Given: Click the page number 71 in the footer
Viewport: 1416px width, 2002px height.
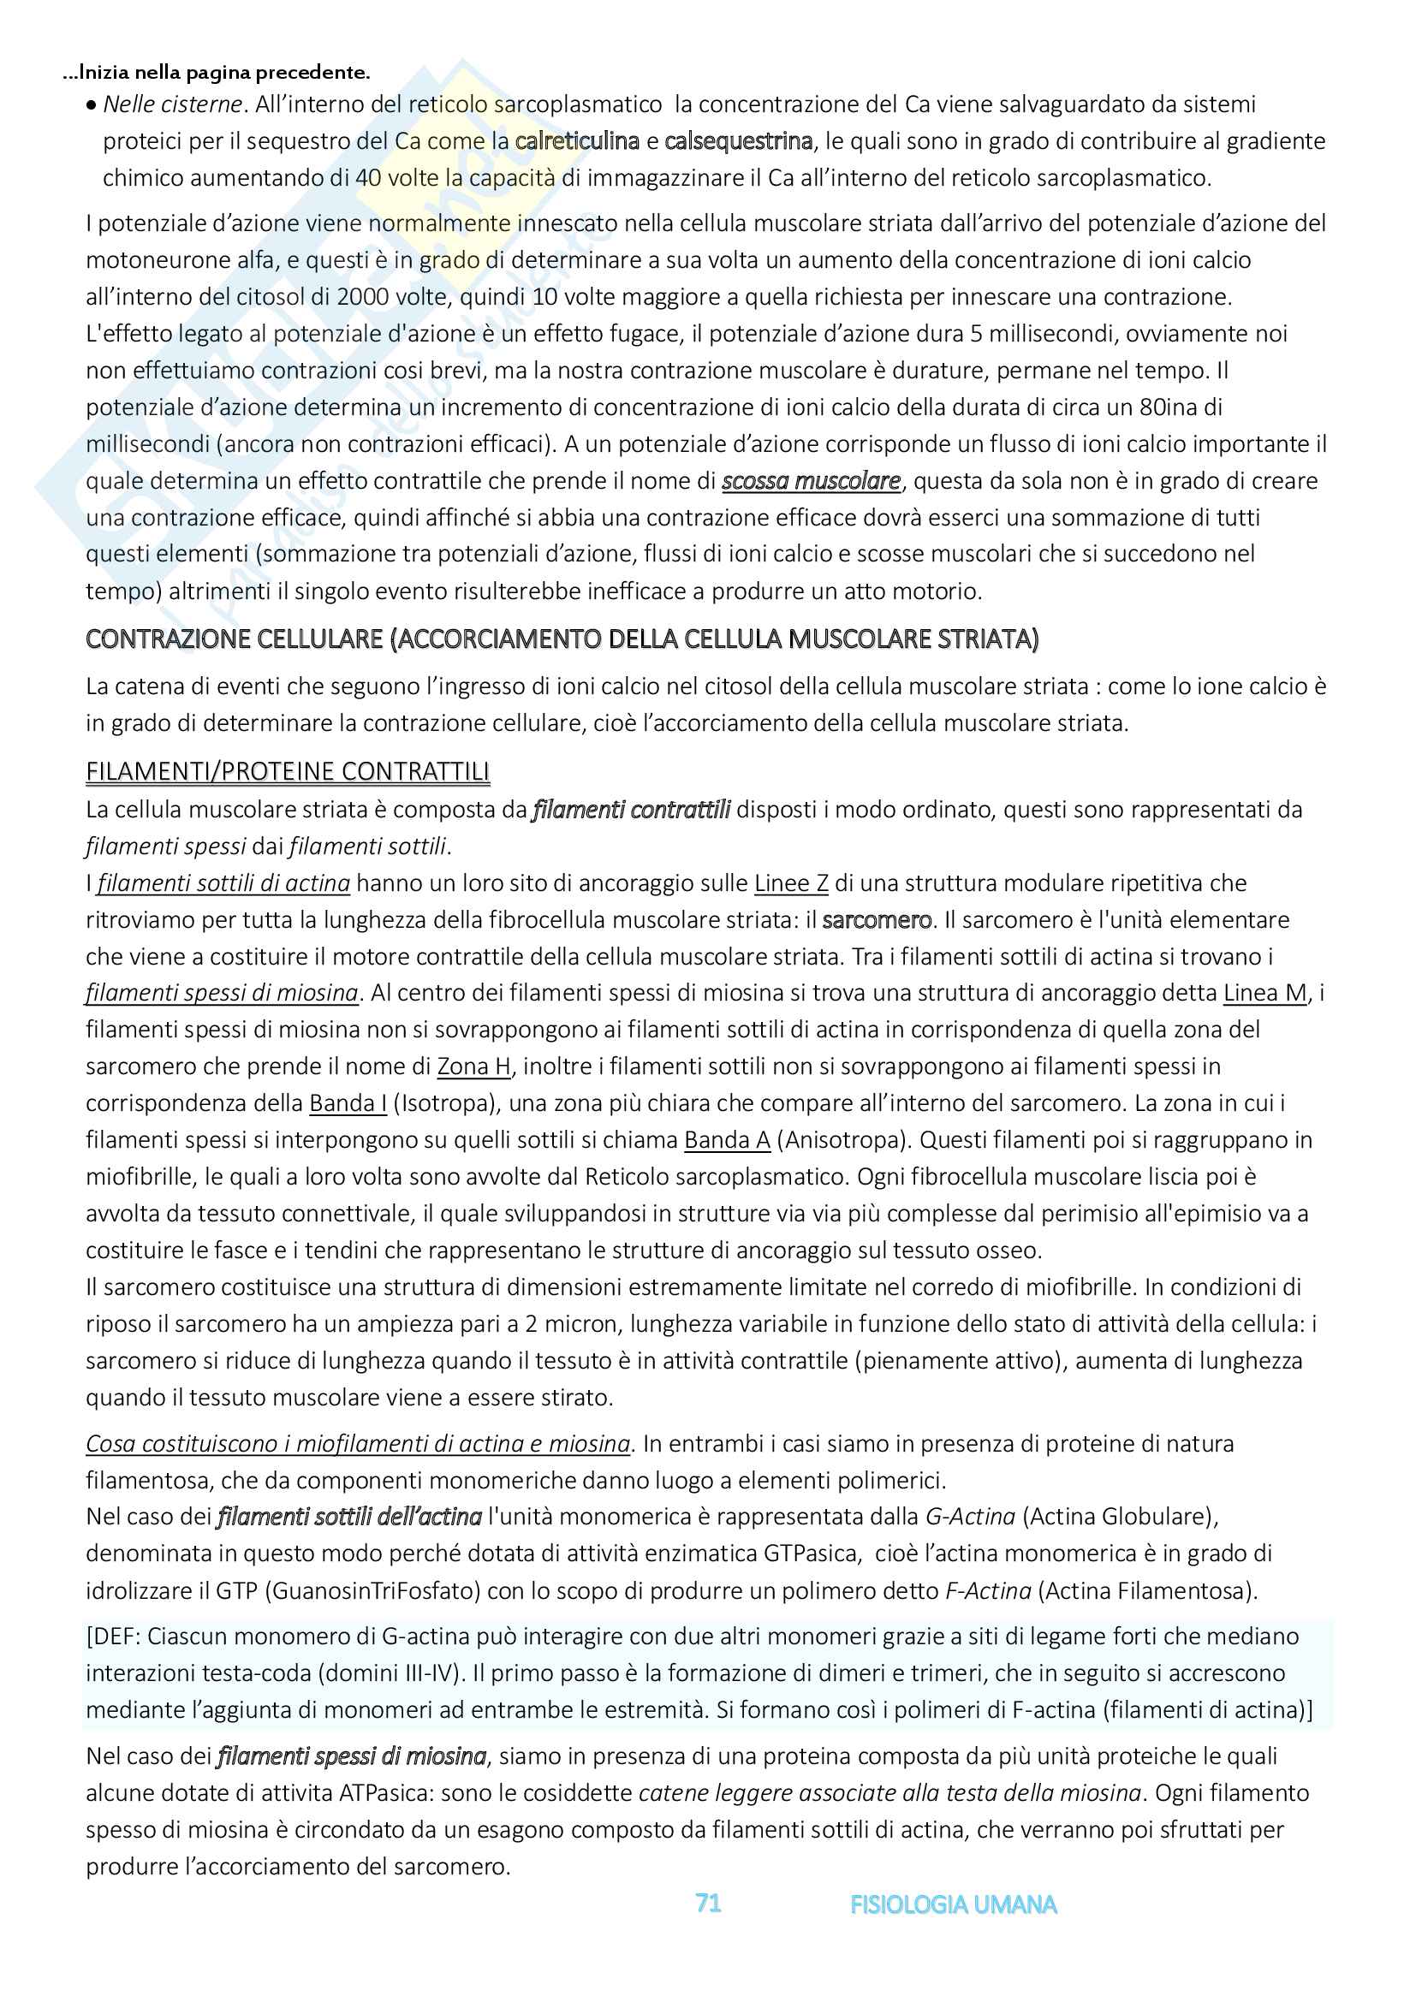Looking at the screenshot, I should [x=708, y=1904].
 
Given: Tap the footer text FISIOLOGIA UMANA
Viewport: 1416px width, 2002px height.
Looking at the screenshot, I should [x=953, y=1904].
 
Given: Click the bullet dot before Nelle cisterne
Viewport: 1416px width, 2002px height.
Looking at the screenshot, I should [x=92, y=105].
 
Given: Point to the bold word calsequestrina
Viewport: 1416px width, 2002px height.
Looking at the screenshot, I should [x=738, y=141].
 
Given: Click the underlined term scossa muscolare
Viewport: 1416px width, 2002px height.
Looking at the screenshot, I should [x=811, y=481].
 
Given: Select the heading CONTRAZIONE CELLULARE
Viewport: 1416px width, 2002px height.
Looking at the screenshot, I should [x=562, y=639].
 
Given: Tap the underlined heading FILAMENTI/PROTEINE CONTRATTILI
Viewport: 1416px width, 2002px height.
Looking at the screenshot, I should [x=288, y=772].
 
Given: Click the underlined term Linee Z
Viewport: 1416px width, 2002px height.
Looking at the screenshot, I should [x=791, y=883].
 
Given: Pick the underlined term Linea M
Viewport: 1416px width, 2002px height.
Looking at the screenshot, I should [x=1265, y=993].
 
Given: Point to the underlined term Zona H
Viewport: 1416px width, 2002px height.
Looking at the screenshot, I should [x=473, y=1066].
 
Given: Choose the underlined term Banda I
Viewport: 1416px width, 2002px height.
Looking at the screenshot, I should [x=348, y=1103].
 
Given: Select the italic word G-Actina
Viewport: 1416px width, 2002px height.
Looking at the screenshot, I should [x=970, y=1517].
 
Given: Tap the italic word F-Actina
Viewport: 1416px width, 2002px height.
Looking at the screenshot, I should [x=988, y=1590].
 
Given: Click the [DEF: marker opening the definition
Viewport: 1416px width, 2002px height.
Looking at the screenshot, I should [x=113, y=1637].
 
